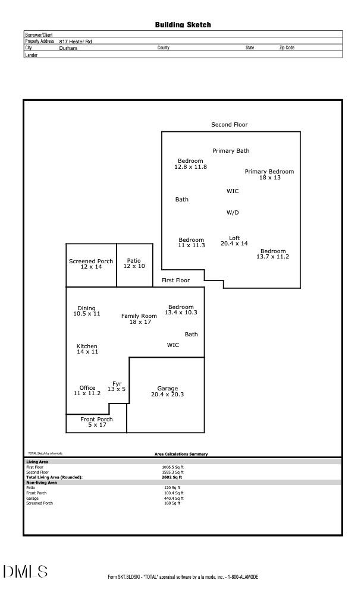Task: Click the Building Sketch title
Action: point(183,25)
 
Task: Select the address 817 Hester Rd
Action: point(75,42)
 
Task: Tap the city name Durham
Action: point(68,48)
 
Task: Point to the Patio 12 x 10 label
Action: point(134,263)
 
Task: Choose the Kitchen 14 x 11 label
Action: point(87,349)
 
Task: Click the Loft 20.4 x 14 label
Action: point(234,241)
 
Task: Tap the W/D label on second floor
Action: point(233,212)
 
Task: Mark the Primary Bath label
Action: point(231,151)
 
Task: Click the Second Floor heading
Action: point(230,125)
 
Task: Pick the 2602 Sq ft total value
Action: point(172,477)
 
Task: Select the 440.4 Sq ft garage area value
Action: point(174,498)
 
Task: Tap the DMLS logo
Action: point(26,572)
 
